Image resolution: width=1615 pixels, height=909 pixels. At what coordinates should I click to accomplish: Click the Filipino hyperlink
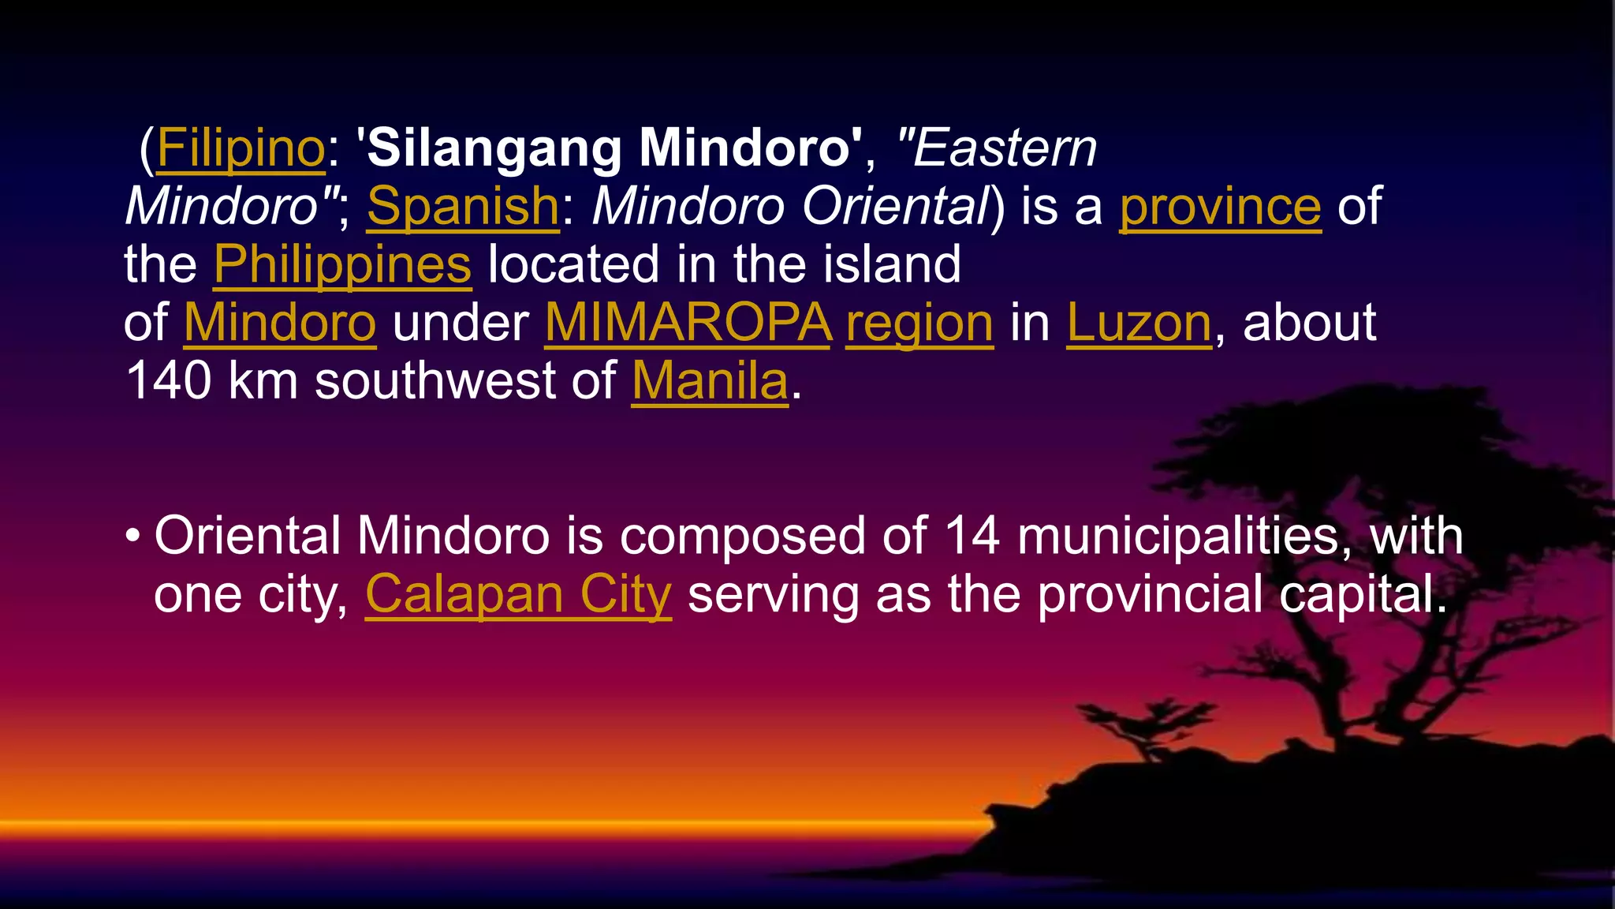[241, 148]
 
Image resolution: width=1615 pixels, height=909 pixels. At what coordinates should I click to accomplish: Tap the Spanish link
[463, 206]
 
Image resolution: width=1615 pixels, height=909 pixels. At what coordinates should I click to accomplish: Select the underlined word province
[1220, 206]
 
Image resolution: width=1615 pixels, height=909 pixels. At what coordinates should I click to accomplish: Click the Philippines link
[342, 264]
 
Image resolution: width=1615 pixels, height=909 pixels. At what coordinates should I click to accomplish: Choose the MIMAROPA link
[688, 323]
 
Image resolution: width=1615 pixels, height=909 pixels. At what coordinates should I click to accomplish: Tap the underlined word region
[919, 323]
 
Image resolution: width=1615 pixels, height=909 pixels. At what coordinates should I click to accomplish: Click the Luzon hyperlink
[1139, 323]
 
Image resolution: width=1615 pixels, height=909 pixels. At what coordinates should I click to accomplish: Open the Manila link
[710, 381]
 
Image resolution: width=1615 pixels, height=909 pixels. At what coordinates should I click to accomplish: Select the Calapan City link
[518, 594]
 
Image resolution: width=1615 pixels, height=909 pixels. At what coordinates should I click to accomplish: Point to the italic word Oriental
[895, 206]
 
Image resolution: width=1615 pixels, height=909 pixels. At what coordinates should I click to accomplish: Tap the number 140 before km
[169, 381]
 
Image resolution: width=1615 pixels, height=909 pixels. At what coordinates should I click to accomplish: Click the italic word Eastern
[1004, 148]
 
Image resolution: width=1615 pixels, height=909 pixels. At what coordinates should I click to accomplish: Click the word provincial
[1149, 594]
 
